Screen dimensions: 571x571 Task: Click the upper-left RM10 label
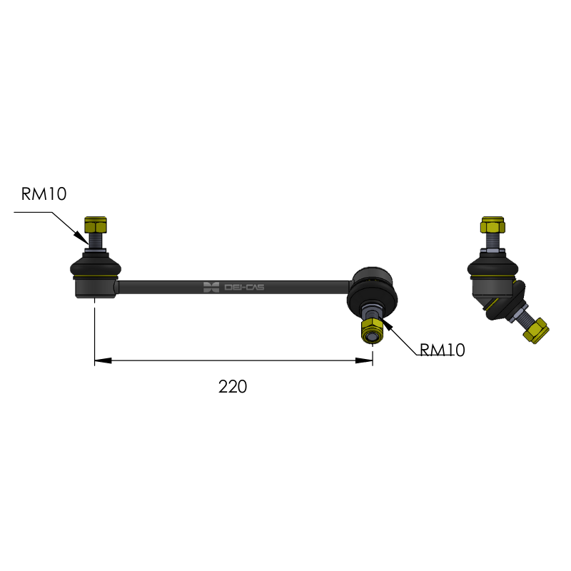[44, 194]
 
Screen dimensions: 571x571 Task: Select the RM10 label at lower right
[442, 350]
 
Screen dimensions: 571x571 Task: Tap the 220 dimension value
[233, 387]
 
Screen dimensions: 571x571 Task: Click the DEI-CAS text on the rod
[244, 287]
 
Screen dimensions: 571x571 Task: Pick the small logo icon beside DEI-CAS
[211, 287]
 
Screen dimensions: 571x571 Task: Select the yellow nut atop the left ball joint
[95, 226]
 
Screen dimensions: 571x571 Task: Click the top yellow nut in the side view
[492, 226]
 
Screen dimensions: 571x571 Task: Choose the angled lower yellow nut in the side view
[535, 330]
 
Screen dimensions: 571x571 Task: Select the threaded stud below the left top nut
[95, 241]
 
